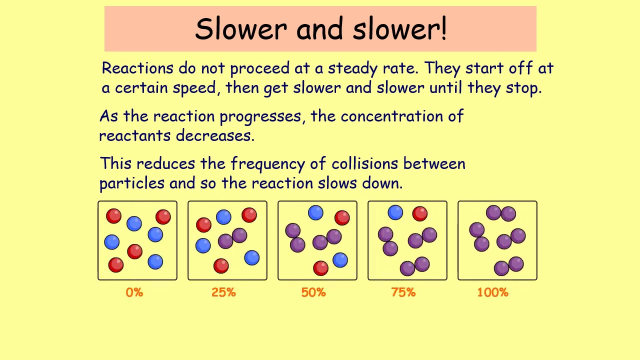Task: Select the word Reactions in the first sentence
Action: pos(137,68)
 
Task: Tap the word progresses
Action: pos(260,117)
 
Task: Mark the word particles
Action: pos(132,183)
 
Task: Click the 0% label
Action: pos(134,292)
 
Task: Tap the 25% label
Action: pos(223,292)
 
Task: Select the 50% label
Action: pos(313,292)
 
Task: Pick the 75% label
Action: pos(403,292)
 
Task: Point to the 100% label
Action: pos(492,292)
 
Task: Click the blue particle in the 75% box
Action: pos(395,213)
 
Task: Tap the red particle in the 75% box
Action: pos(419,213)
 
